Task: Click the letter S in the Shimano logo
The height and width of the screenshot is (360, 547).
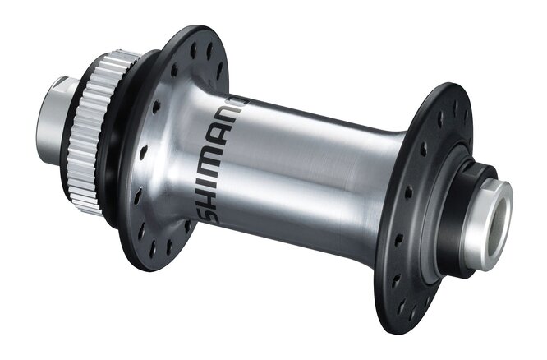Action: pyautogui.click(x=211, y=215)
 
